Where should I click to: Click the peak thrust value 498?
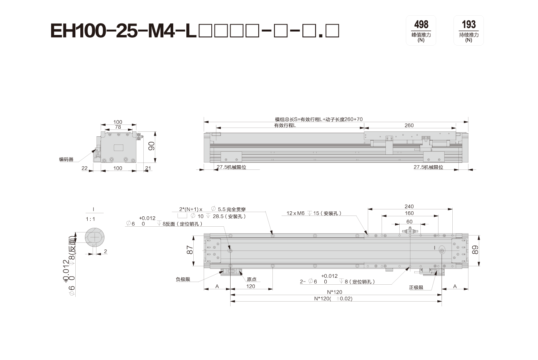click(x=421, y=24)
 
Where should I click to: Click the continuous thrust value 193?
click(x=468, y=24)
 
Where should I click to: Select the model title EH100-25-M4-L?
click(x=123, y=31)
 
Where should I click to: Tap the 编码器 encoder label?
click(x=66, y=159)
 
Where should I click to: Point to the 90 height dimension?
click(x=151, y=146)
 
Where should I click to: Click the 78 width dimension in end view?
click(x=118, y=127)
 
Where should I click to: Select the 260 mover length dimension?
click(x=409, y=125)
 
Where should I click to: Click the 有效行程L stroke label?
click(x=285, y=125)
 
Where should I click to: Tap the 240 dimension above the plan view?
click(x=409, y=206)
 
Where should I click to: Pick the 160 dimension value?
click(x=409, y=213)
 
